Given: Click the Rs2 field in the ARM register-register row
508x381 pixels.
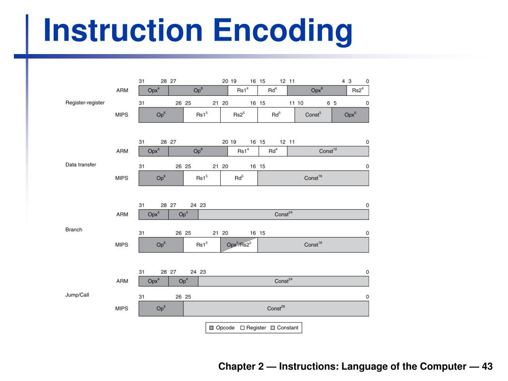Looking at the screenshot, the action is click(x=358, y=90).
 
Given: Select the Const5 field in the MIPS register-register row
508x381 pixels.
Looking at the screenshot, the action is click(x=313, y=115).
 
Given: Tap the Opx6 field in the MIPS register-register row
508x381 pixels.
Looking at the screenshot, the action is click(x=350, y=115).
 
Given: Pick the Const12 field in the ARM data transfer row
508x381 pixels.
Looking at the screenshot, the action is click(x=328, y=151).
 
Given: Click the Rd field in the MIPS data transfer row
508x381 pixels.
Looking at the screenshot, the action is click(x=239, y=178).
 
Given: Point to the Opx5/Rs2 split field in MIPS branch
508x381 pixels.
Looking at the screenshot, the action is click(x=239, y=245).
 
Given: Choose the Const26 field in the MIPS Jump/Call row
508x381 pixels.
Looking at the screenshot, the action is click(x=276, y=309).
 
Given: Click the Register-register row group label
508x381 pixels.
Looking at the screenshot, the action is click(x=85, y=103).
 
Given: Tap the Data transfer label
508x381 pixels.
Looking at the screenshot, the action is click(x=81, y=164).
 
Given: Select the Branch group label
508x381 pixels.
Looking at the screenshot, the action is click(x=74, y=230).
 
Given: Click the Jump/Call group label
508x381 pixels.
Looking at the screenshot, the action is click(x=77, y=295).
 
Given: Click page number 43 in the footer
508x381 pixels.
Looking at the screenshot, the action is click(x=487, y=367).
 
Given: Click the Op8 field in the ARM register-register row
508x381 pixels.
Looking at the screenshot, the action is click(x=198, y=90).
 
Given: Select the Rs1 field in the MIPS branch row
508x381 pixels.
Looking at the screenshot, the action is click(x=201, y=245).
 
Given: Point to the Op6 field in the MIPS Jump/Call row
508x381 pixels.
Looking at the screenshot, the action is click(x=161, y=309).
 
